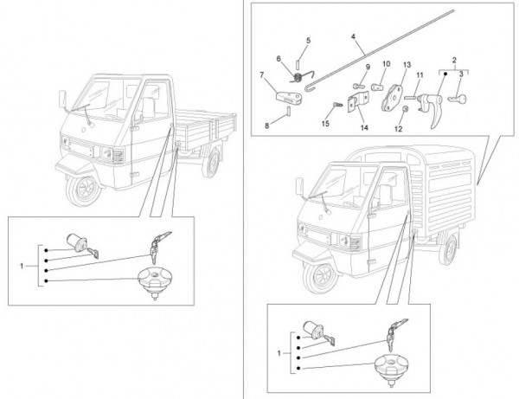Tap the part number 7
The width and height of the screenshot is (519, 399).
click(262, 75)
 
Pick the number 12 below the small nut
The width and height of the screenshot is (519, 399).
click(399, 130)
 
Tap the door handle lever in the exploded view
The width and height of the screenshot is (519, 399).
click(435, 108)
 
